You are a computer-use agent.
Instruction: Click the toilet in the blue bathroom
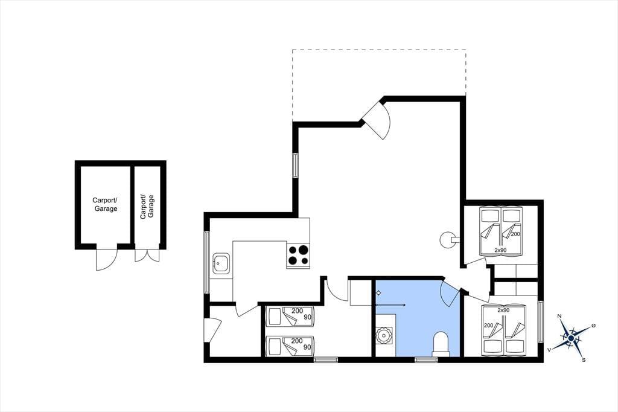pos(441,343)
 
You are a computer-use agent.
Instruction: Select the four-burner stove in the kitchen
pos(298,254)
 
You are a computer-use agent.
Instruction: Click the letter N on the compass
pos(559,316)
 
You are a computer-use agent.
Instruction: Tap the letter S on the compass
pos(584,359)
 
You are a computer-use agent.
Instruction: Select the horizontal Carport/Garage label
pos(105,204)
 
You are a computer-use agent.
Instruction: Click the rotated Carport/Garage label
pos(147,206)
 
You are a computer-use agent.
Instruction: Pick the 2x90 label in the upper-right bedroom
pos(500,250)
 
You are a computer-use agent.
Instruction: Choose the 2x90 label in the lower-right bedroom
pos(503,310)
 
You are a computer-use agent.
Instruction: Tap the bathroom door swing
pos(450,294)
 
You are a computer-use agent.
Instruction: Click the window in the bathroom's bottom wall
pos(426,359)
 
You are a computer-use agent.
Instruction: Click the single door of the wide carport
pos(106,259)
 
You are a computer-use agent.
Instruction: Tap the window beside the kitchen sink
pos(206,262)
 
